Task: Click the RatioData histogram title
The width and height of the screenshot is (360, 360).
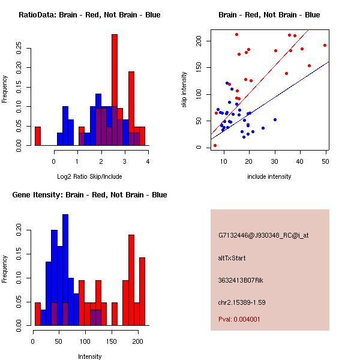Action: (x=89, y=15)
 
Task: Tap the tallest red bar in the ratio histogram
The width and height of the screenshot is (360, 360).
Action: (x=115, y=89)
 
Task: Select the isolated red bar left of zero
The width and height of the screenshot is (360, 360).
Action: (x=38, y=136)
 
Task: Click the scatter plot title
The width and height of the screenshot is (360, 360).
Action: (x=269, y=15)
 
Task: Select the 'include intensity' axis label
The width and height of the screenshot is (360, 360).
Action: (x=269, y=176)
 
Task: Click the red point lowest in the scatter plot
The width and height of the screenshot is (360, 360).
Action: (x=215, y=145)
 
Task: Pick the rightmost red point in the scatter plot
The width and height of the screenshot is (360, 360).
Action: (x=325, y=45)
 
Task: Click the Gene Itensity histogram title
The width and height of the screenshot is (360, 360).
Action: (x=89, y=195)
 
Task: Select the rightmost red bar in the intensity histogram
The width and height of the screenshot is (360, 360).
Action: (x=142, y=291)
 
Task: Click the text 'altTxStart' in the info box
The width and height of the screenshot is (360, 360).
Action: (x=232, y=258)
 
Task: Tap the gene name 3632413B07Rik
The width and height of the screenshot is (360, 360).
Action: (x=242, y=280)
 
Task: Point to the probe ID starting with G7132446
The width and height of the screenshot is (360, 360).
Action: (x=263, y=236)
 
